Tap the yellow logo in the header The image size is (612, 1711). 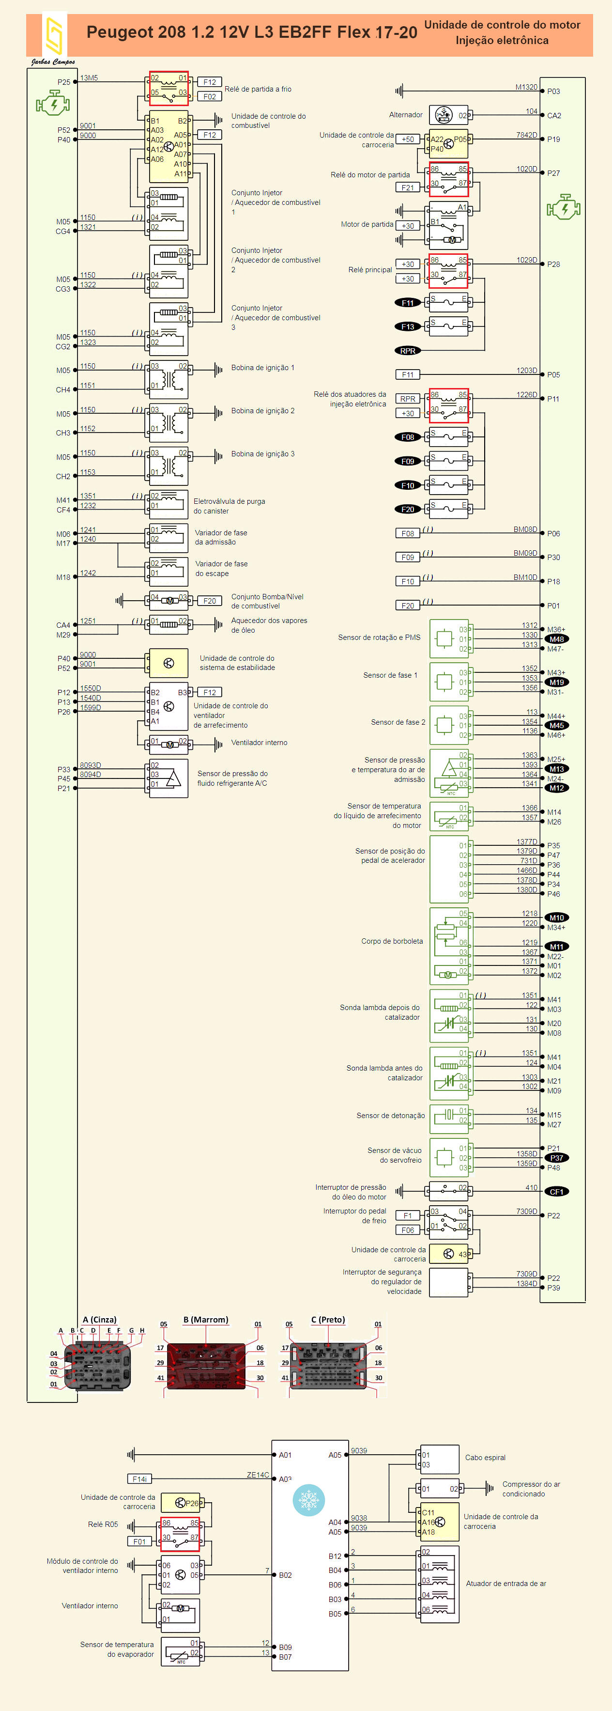coord(53,36)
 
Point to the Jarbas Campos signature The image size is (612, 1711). coord(53,62)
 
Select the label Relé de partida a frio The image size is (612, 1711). coord(258,89)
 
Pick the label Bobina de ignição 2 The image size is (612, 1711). coord(262,410)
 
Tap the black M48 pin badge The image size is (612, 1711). coord(556,639)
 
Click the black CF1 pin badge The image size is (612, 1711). coord(556,1192)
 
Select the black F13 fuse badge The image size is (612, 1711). coord(408,327)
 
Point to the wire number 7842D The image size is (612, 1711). coord(526,135)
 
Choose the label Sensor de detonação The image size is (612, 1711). coord(390,1115)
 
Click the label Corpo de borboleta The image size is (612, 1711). coord(392,941)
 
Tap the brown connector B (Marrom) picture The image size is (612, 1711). coord(206,1365)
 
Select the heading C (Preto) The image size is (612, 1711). coord(328,1319)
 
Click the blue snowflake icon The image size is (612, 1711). coord(308,1500)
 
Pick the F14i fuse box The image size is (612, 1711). coord(139,1478)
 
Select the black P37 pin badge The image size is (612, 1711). coord(556,1158)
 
